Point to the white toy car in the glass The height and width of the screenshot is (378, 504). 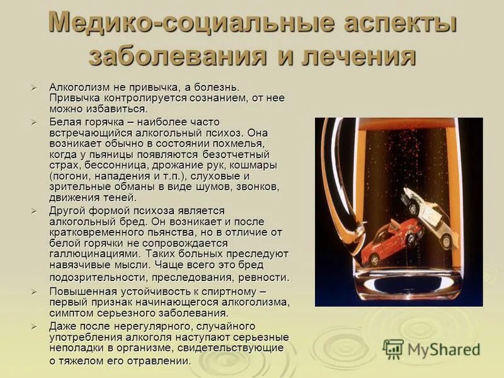click(435, 214)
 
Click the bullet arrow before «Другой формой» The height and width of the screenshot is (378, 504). click(35, 210)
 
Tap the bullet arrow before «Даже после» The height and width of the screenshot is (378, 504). click(35, 326)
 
